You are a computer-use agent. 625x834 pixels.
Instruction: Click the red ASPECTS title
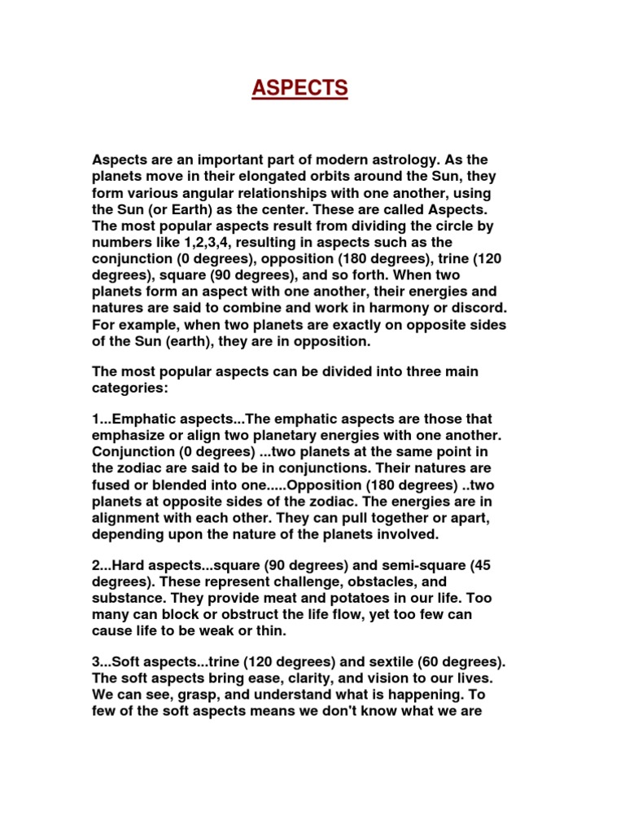click(299, 88)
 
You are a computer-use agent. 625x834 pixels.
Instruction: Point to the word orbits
click(353, 177)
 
